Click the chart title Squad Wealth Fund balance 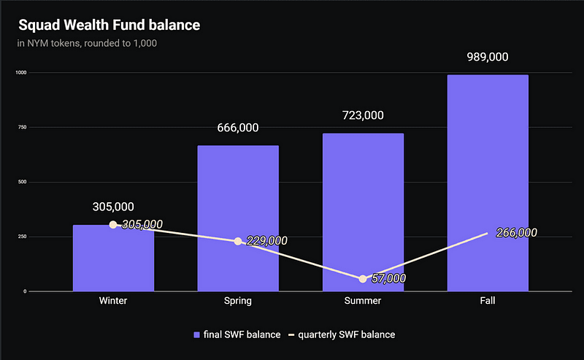[109, 26]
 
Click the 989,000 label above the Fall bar [488, 58]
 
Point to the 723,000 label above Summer [363, 115]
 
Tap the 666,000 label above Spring [238, 128]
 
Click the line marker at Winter [113, 225]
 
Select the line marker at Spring [238, 241]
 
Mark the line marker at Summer [363, 279]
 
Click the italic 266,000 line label [516, 233]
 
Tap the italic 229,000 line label [266, 241]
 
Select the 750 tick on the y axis [21, 128]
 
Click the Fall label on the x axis [488, 302]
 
